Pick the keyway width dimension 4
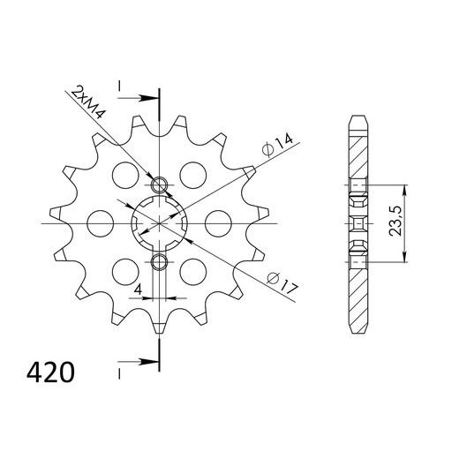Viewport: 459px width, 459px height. (x=139, y=288)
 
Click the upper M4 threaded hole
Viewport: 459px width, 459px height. (x=159, y=184)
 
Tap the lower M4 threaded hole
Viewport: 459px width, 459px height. (x=159, y=262)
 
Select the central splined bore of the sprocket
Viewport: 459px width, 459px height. (x=159, y=223)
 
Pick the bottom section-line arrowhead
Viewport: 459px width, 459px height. (x=152, y=361)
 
